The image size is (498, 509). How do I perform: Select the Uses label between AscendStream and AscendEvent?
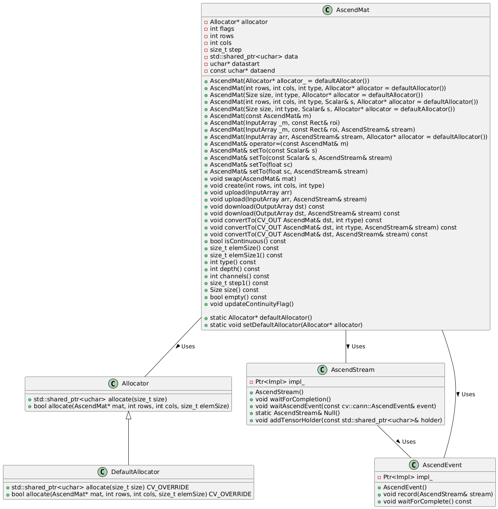tap(409, 441)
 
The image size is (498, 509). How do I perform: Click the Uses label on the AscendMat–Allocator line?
tap(188, 346)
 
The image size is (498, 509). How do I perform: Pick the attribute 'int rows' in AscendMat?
tap(222, 36)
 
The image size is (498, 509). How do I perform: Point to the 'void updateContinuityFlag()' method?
tap(252, 304)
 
